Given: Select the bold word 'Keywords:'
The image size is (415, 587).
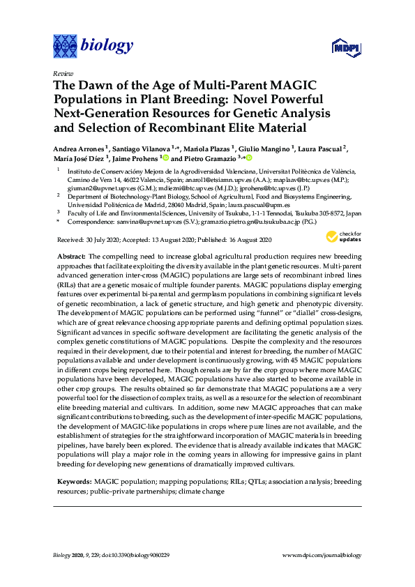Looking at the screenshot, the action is click(x=74, y=482).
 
